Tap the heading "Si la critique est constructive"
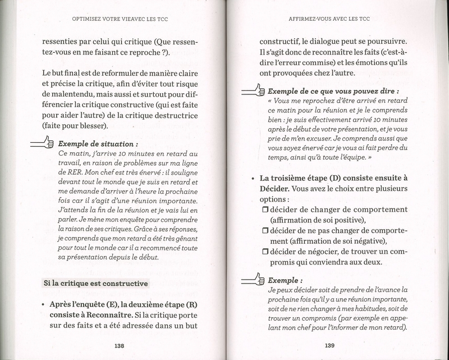click(x=95, y=283)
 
